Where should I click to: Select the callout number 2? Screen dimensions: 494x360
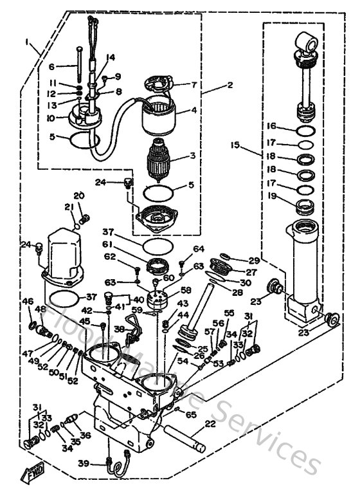coord(230,84)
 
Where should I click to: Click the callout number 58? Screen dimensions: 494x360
coord(186,291)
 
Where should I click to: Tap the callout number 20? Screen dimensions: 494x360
coord(78,196)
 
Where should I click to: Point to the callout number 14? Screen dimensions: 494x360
coord(111,57)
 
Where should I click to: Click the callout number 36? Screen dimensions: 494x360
coord(84,434)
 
